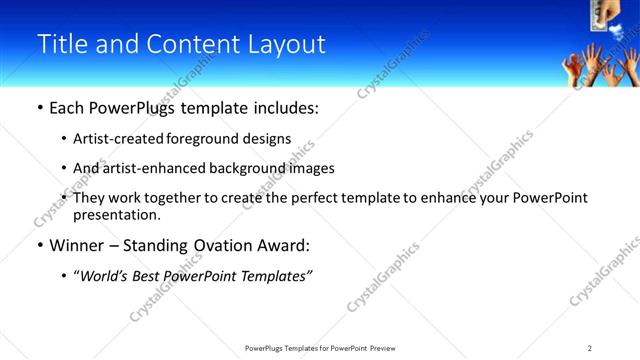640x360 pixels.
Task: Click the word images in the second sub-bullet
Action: [308, 169]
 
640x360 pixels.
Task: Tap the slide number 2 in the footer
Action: [590, 348]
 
